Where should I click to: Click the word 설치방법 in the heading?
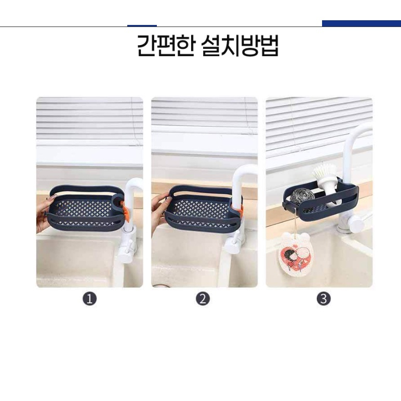click(240, 46)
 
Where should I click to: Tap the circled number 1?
click(89, 299)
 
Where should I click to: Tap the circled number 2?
click(203, 299)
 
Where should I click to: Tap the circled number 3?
click(324, 299)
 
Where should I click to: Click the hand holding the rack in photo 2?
click(159, 209)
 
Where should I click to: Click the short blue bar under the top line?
click(142, 26)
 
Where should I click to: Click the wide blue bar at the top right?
click(362, 23)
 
